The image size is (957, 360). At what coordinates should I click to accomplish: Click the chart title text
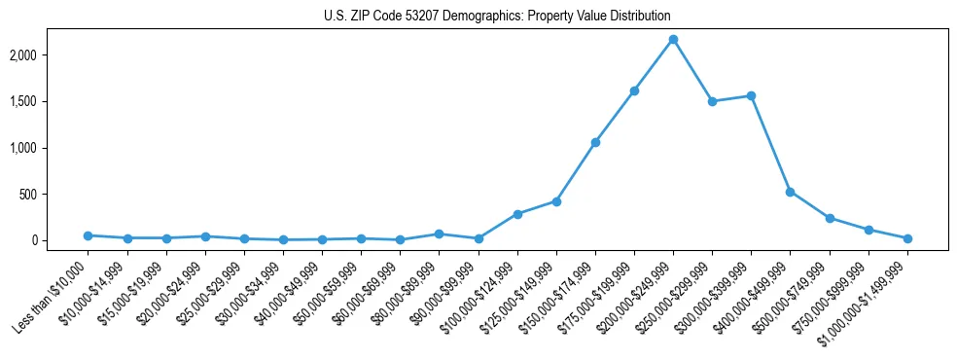point(497,17)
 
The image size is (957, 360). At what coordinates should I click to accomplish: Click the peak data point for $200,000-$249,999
point(673,39)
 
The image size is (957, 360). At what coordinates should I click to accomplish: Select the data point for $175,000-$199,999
point(634,90)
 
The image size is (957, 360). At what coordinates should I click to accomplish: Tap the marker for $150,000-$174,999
point(595,142)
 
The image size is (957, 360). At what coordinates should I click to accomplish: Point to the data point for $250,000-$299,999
point(712,101)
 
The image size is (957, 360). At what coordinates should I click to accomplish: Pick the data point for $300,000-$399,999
point(751,95)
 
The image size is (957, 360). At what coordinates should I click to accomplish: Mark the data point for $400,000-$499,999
point(790,192)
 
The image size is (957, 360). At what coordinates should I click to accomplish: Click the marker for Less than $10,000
point(88,235)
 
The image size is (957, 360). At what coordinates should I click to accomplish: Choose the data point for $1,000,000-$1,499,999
point(907,238)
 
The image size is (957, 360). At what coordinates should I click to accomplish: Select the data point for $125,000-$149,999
point(556,201)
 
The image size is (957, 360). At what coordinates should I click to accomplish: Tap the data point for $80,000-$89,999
point(439,234)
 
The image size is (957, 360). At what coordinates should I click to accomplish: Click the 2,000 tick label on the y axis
point(50,55)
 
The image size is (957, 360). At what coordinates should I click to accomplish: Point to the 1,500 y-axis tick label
point(50,101)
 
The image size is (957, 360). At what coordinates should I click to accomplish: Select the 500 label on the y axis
point(54,195)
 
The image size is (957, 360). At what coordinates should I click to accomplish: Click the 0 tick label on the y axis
point(60,240)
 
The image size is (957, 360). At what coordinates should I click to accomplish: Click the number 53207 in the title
point(424,17)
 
